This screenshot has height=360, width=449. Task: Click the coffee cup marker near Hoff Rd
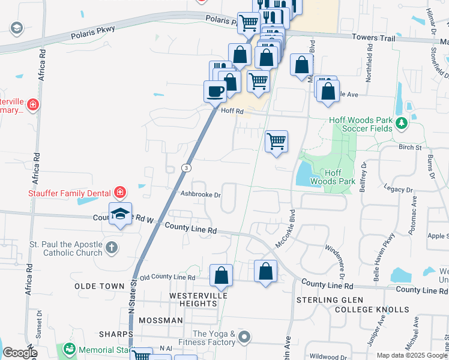point(215,92)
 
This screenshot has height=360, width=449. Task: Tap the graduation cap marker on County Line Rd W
point(121,214)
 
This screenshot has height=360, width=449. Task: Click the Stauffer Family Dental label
point(69,193)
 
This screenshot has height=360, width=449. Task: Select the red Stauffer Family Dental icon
point(120,193)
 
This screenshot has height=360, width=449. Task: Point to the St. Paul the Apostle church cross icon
point(112,247)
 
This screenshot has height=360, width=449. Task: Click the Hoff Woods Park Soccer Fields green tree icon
point(401,124)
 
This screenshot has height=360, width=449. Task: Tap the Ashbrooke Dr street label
point(201,194)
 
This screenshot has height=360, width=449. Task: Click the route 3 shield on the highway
point(187,168)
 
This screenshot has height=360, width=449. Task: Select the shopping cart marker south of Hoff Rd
point(276,142)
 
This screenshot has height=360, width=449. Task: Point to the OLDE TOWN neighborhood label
point(100,286)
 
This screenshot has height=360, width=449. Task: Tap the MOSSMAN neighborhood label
point(160,320)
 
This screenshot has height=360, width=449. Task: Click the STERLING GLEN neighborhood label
point(327,299)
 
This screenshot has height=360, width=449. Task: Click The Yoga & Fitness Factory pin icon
point(244,338)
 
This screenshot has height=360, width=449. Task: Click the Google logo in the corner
point(19,353)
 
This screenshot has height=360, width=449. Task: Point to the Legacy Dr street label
point(402,190)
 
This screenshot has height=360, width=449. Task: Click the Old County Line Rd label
point(167,278)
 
